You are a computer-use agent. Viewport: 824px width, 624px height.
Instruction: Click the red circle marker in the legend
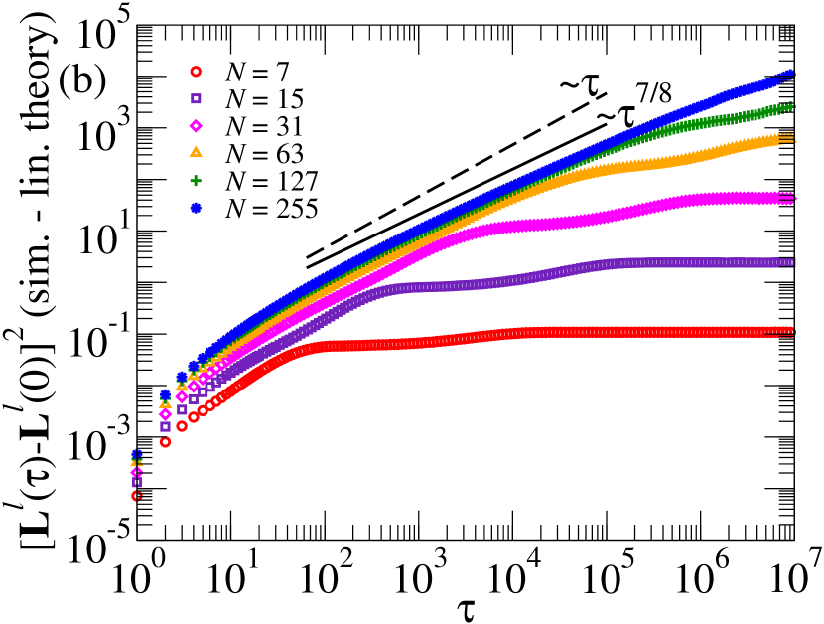pos(196,72)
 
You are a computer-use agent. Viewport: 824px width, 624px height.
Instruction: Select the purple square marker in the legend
pos(196,98)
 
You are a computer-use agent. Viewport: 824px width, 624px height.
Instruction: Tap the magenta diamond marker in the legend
pos(196,125)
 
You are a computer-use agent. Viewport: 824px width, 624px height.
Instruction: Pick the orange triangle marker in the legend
pos(196,152)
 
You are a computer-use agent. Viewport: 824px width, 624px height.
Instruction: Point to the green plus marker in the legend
pos(196,180)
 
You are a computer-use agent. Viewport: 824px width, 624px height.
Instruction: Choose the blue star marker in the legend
pos(196,208)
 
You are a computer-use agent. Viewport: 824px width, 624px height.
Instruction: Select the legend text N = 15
pos(264,98)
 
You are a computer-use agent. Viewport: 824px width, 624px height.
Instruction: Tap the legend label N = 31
pos(264,125)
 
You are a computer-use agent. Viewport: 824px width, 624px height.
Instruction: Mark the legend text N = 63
pos(264,152)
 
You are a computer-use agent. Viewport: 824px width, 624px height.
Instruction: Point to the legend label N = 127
pos(271,180)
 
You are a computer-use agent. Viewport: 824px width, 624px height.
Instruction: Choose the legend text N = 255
pos(271,208)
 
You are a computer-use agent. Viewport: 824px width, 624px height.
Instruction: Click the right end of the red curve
pos(789,331)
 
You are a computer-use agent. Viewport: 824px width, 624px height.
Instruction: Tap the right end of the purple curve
pos(789,262)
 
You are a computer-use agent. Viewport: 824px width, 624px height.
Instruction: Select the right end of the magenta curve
pos(789,199)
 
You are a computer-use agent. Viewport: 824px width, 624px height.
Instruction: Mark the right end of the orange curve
pos(789,138)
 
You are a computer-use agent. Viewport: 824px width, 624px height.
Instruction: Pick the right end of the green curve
pos(789,105)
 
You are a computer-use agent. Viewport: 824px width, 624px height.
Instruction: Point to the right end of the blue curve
pos(789,74)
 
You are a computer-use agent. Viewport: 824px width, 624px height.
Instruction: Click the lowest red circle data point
pos(137,496)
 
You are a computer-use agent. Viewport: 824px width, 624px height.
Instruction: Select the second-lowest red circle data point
pos(165,442)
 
